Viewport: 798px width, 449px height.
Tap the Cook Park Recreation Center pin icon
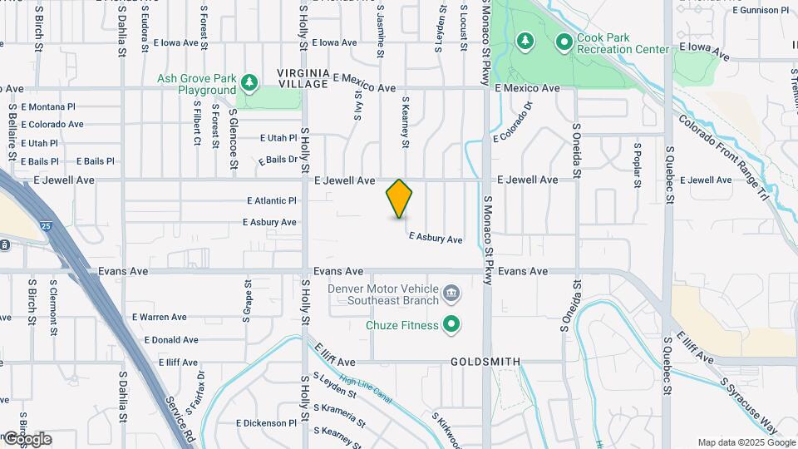(x=564, y=42)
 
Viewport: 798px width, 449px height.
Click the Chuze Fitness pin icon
(x=451, y=324)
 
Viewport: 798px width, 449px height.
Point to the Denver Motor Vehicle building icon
(x=451, y=293)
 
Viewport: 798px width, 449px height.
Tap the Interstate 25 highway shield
(x=44, y=225)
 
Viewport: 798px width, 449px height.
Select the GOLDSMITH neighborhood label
(x=485, y=362)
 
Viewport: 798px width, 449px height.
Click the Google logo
(x=27, y=438)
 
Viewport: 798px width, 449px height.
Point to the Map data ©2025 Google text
(x=745, y=442)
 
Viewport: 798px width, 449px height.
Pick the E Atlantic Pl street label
(x=271, y=200)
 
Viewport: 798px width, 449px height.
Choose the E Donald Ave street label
(x=171, y=339)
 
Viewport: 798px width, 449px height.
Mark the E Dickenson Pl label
(x=266, y=422)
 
